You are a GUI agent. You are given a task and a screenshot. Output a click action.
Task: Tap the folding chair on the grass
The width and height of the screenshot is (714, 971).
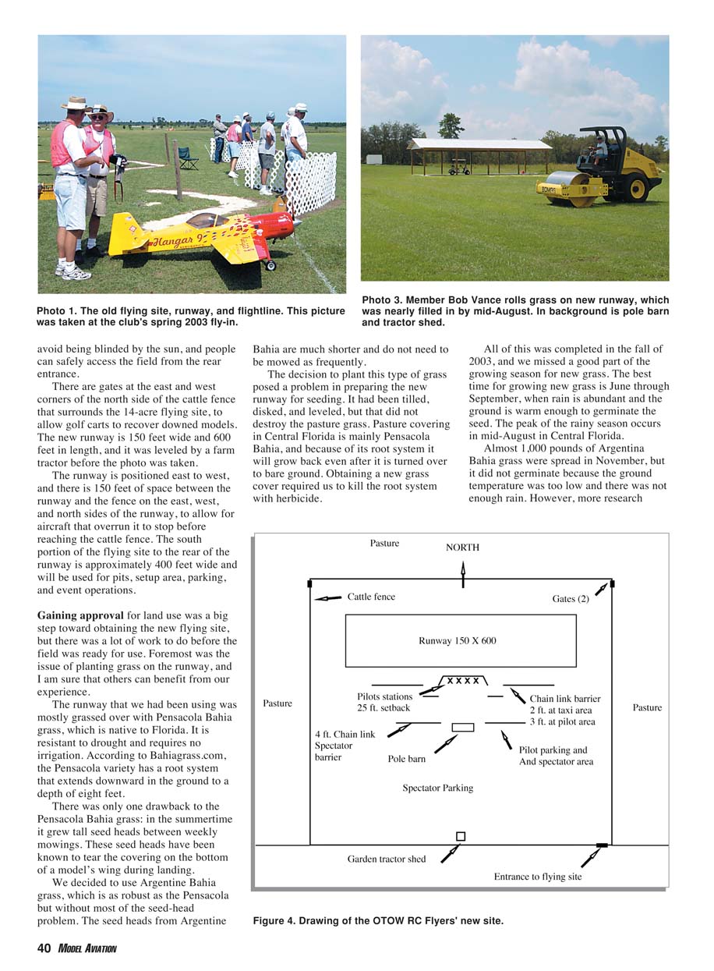tap(188, 158)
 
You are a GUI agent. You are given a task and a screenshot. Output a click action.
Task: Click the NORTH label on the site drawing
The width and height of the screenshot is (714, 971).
tap(462, 548)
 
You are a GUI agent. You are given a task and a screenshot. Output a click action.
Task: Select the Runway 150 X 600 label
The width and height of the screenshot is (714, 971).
tap(457, 641)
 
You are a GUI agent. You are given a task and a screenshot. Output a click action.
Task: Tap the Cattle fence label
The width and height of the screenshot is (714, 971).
tap(371, 597)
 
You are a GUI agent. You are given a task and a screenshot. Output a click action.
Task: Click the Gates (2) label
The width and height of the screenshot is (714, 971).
tap(569, 599)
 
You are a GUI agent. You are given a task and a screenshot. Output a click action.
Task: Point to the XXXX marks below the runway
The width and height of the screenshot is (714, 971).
tap(462, 681)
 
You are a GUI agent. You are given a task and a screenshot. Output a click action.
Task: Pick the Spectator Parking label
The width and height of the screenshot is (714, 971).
tap(437, 788)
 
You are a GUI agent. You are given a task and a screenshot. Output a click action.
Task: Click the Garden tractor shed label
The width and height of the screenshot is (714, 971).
tap(387, 859)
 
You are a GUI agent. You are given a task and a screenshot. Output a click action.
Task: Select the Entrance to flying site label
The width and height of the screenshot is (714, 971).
tap(538, 877)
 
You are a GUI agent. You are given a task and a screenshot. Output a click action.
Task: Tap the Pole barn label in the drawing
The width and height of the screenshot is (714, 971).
tap(407, 758)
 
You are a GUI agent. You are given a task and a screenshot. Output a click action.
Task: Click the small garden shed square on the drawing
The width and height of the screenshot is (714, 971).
tap(461, 836)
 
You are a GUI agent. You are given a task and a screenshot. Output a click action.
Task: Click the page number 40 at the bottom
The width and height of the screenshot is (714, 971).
tap(44, 948)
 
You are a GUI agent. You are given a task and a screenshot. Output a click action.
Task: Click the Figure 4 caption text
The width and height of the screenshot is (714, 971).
tap(378, 921)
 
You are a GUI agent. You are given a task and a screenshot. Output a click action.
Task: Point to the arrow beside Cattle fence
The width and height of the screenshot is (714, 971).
tap(328, 598)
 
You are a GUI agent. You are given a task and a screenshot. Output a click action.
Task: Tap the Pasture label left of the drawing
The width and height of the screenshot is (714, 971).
tap(277, 703)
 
